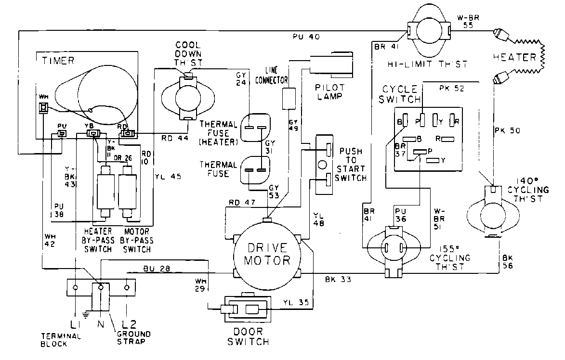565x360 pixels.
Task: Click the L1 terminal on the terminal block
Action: point(76,288)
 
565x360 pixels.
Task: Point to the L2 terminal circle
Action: point(127,288)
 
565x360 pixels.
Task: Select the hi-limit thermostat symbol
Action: point(429,31)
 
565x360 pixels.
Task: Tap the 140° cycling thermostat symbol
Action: point(492,211)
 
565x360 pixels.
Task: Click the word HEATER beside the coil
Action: point(514,57)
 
